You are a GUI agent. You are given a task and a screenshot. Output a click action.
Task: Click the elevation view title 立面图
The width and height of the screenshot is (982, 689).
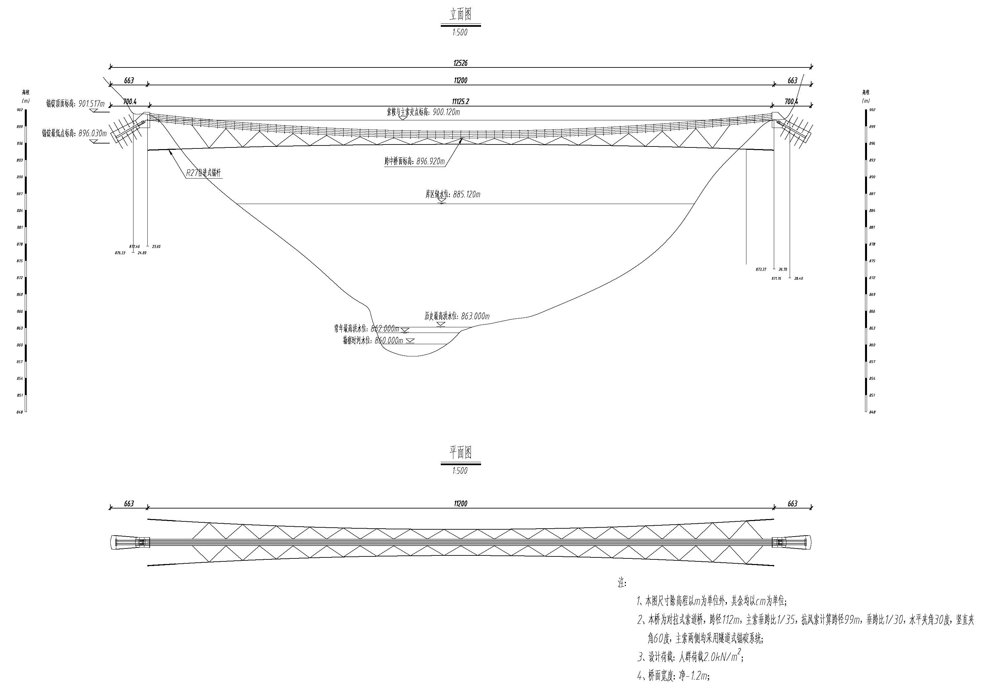coord(460,15)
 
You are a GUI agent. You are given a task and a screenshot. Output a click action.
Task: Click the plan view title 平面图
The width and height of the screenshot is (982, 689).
coord(460,452)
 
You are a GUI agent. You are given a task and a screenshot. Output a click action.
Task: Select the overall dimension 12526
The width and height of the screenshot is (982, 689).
coord(460,63)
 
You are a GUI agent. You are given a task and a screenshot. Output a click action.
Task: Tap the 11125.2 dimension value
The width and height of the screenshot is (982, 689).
coord(460,101)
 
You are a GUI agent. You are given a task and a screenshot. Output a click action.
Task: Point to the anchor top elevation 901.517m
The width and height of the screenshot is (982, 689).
coord(92,103)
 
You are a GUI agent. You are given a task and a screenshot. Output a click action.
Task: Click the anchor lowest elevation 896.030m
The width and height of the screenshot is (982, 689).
coord(93,133)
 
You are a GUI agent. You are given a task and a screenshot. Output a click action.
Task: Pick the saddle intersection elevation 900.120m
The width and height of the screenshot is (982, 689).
coord(446,112)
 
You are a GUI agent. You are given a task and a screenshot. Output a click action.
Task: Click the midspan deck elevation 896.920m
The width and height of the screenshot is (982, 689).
coord(430,161)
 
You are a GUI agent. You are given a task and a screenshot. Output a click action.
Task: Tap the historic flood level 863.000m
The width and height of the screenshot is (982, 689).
coord(475,316)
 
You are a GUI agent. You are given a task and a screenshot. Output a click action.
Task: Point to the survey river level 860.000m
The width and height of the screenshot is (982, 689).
coord(389,341)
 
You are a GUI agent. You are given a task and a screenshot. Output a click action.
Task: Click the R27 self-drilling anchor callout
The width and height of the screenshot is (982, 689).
coord(204,173)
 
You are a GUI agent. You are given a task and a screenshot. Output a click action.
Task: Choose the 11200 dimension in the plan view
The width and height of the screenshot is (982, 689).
coord(460,504)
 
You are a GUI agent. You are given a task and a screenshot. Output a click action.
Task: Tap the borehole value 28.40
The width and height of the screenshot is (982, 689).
coord(798,279)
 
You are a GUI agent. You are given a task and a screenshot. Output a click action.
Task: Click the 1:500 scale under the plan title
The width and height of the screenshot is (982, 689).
coord(460,471)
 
